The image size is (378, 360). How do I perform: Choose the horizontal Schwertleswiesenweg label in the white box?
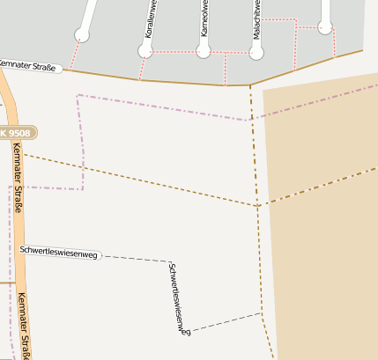pyautogui.click(x=60, y=252)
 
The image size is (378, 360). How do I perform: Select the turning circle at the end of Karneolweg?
pyautogui.click(x=204, y=51)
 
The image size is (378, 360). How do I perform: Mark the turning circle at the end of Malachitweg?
pyautogui.click(x=256, y=53)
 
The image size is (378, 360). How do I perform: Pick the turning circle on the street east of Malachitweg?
pyautogui.click(x=326, y=28)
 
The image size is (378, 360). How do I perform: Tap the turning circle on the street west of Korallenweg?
pyautogui.click(x=82, y=35)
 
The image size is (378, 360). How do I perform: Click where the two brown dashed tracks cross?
pyautogui.click(x=257, y=205)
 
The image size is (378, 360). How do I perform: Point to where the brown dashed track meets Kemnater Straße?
pyautogui.click(x=250, y=85)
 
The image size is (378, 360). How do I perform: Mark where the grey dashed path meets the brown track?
pyautogui.click(x=262, y=313)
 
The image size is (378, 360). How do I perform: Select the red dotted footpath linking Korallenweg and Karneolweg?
pyautogui.click(x=175, y=51)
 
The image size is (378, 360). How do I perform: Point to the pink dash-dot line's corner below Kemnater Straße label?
pyautogui.click(x=78, y=95)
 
